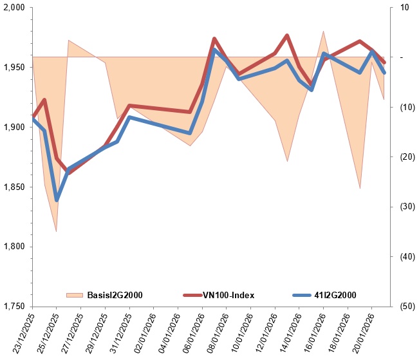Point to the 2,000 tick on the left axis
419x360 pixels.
point(14,8)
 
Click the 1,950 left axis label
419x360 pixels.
point(14,68)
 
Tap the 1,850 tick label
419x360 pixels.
point(14,187)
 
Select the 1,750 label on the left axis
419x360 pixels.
point(14,307)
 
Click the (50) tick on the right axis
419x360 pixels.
point(405,307)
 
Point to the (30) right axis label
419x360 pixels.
point(405,207)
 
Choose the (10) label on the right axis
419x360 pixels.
point(405,107)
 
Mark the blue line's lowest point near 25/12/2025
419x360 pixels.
point(57,200)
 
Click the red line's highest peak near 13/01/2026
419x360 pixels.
point(287,35)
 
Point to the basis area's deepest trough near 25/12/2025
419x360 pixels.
point(56,231)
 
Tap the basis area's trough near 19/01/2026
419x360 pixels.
point(360,188)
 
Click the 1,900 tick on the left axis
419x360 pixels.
point(14,128)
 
